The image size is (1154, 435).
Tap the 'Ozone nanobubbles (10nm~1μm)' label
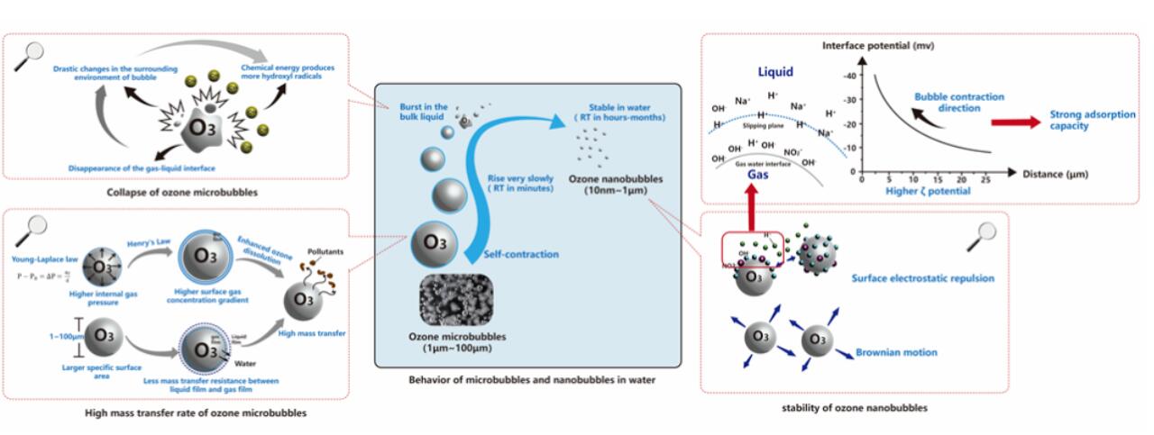(x=605, y=186)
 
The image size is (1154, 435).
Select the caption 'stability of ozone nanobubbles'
(x=855, y=408)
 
